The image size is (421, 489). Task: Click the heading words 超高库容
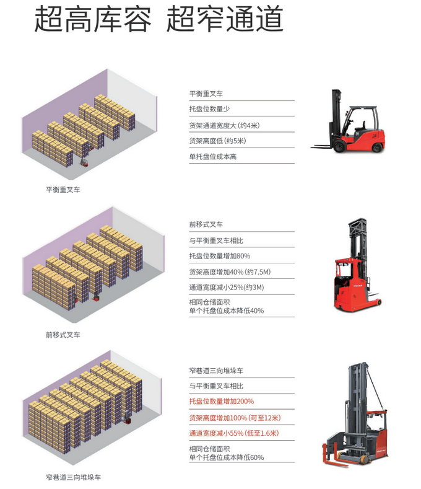click(92, 20)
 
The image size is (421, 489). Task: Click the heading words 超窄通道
click(225, 20)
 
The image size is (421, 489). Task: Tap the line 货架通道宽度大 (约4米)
click(224, 125)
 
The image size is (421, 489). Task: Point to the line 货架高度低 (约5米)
click(221, 141)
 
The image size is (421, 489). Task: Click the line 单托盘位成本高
click(213, 157)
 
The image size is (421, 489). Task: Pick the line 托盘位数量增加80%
click(220, 255)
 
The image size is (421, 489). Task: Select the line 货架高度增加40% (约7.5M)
click(230, 271)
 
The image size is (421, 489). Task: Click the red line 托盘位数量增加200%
click(222, 401)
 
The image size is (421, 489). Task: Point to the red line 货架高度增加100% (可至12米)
click(236, 417)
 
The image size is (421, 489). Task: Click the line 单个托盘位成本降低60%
click(227, 457)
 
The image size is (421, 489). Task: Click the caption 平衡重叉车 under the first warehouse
click(63, 190)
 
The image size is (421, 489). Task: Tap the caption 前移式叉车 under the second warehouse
click(63, 335)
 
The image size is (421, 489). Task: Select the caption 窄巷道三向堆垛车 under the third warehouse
click(73, 477)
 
